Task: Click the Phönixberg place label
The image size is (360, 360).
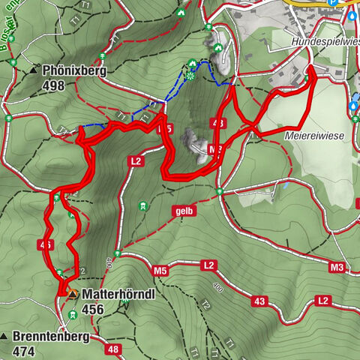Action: point(75,71)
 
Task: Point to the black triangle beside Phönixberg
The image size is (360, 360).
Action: point(34,71)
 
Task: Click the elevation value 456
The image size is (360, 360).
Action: point(93,309)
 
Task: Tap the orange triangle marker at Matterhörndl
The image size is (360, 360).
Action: point(72,294)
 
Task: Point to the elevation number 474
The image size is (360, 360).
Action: point(25,350)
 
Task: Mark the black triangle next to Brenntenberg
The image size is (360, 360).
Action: point(5,337)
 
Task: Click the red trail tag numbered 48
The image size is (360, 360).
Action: point(113,349)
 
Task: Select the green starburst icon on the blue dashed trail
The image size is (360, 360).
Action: point(191,76)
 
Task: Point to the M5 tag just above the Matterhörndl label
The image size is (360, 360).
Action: point(159,269)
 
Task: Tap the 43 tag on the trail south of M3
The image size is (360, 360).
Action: point(259,301)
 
